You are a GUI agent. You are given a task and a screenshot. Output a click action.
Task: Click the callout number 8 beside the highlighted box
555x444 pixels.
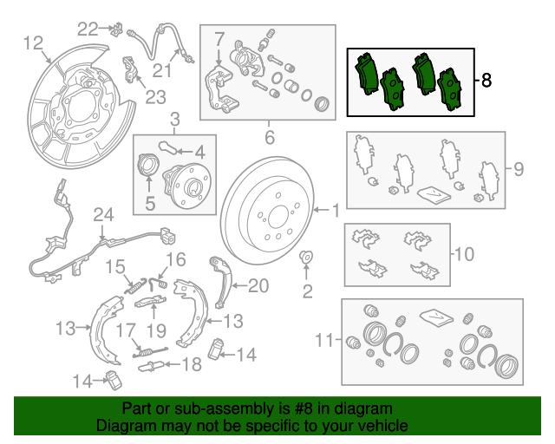click(486, 81)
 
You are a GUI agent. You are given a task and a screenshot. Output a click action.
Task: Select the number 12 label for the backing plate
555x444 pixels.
click(33, 43)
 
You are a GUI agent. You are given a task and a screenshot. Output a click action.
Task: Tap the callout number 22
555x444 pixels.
click(88, 29)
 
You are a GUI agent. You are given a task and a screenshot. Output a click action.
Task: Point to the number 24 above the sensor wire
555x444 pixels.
click(103, 214)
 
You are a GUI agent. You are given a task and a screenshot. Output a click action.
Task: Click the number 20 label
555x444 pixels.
click(258, 285)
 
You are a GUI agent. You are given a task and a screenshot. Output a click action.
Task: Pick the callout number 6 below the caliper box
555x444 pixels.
click(270, 137)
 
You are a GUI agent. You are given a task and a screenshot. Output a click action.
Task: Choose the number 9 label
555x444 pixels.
click(519, 169)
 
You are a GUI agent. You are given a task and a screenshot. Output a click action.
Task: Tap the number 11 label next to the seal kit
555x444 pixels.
click(324, 340)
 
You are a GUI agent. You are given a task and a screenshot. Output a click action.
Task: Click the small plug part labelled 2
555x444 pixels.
click(306, 257)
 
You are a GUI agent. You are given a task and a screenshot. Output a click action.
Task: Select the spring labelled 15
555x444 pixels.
click(135, 286)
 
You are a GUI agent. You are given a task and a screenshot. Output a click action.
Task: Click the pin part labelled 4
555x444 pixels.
click(167, 147)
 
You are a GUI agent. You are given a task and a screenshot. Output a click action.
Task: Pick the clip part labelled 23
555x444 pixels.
click(130, 69)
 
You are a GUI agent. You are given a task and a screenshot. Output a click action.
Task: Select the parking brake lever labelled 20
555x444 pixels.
click(222, 282)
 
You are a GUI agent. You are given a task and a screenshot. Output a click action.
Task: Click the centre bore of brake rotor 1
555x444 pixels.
click(278, 219)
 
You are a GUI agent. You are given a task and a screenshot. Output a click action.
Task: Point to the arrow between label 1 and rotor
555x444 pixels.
click(321, 211)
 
